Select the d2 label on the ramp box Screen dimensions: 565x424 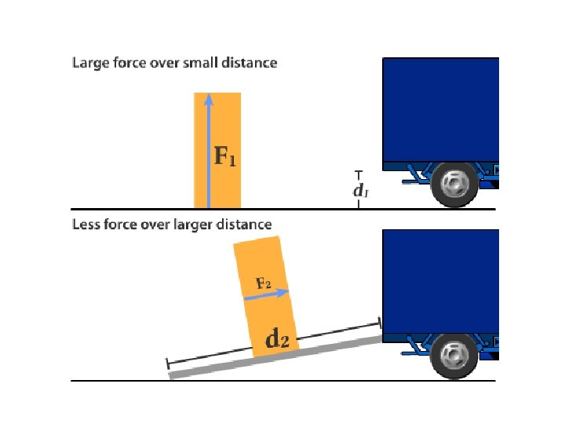tap(278, 339)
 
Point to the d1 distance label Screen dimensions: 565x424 tap(359, 190)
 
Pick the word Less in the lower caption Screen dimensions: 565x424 tap(85, 225)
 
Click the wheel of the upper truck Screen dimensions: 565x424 tap(454, 184)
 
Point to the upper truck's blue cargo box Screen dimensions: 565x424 tap(439, 110)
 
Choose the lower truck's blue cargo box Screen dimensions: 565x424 tap(439, 279)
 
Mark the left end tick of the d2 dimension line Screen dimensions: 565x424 tap(167, 364)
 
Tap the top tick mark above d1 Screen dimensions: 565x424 tap(359, 171)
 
